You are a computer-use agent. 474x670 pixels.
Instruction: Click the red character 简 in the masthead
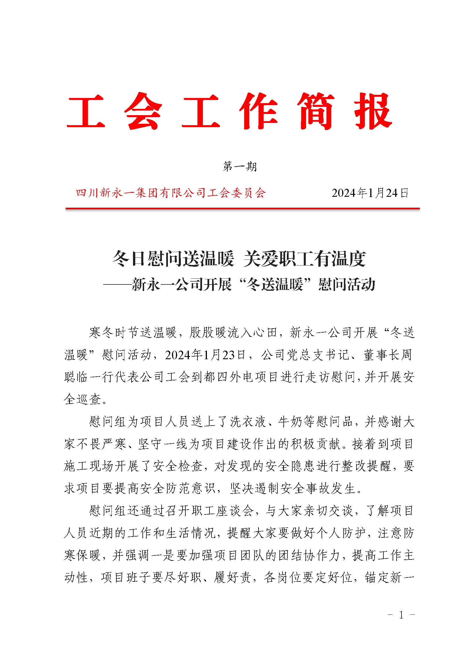(316, 112)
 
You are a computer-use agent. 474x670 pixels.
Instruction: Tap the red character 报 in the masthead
(373, 112)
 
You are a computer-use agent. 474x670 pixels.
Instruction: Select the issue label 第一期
(240, 167)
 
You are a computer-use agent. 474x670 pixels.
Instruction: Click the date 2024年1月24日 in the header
(370, 193)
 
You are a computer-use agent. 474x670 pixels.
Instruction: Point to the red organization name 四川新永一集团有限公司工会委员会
(171, 193)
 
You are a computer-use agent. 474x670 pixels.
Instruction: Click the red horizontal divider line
(242, 209)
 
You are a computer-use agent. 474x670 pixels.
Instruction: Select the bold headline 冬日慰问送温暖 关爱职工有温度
(239, 259)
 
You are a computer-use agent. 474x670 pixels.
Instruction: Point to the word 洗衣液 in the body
(248, 422)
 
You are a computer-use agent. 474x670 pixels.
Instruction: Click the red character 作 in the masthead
(258, 112)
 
